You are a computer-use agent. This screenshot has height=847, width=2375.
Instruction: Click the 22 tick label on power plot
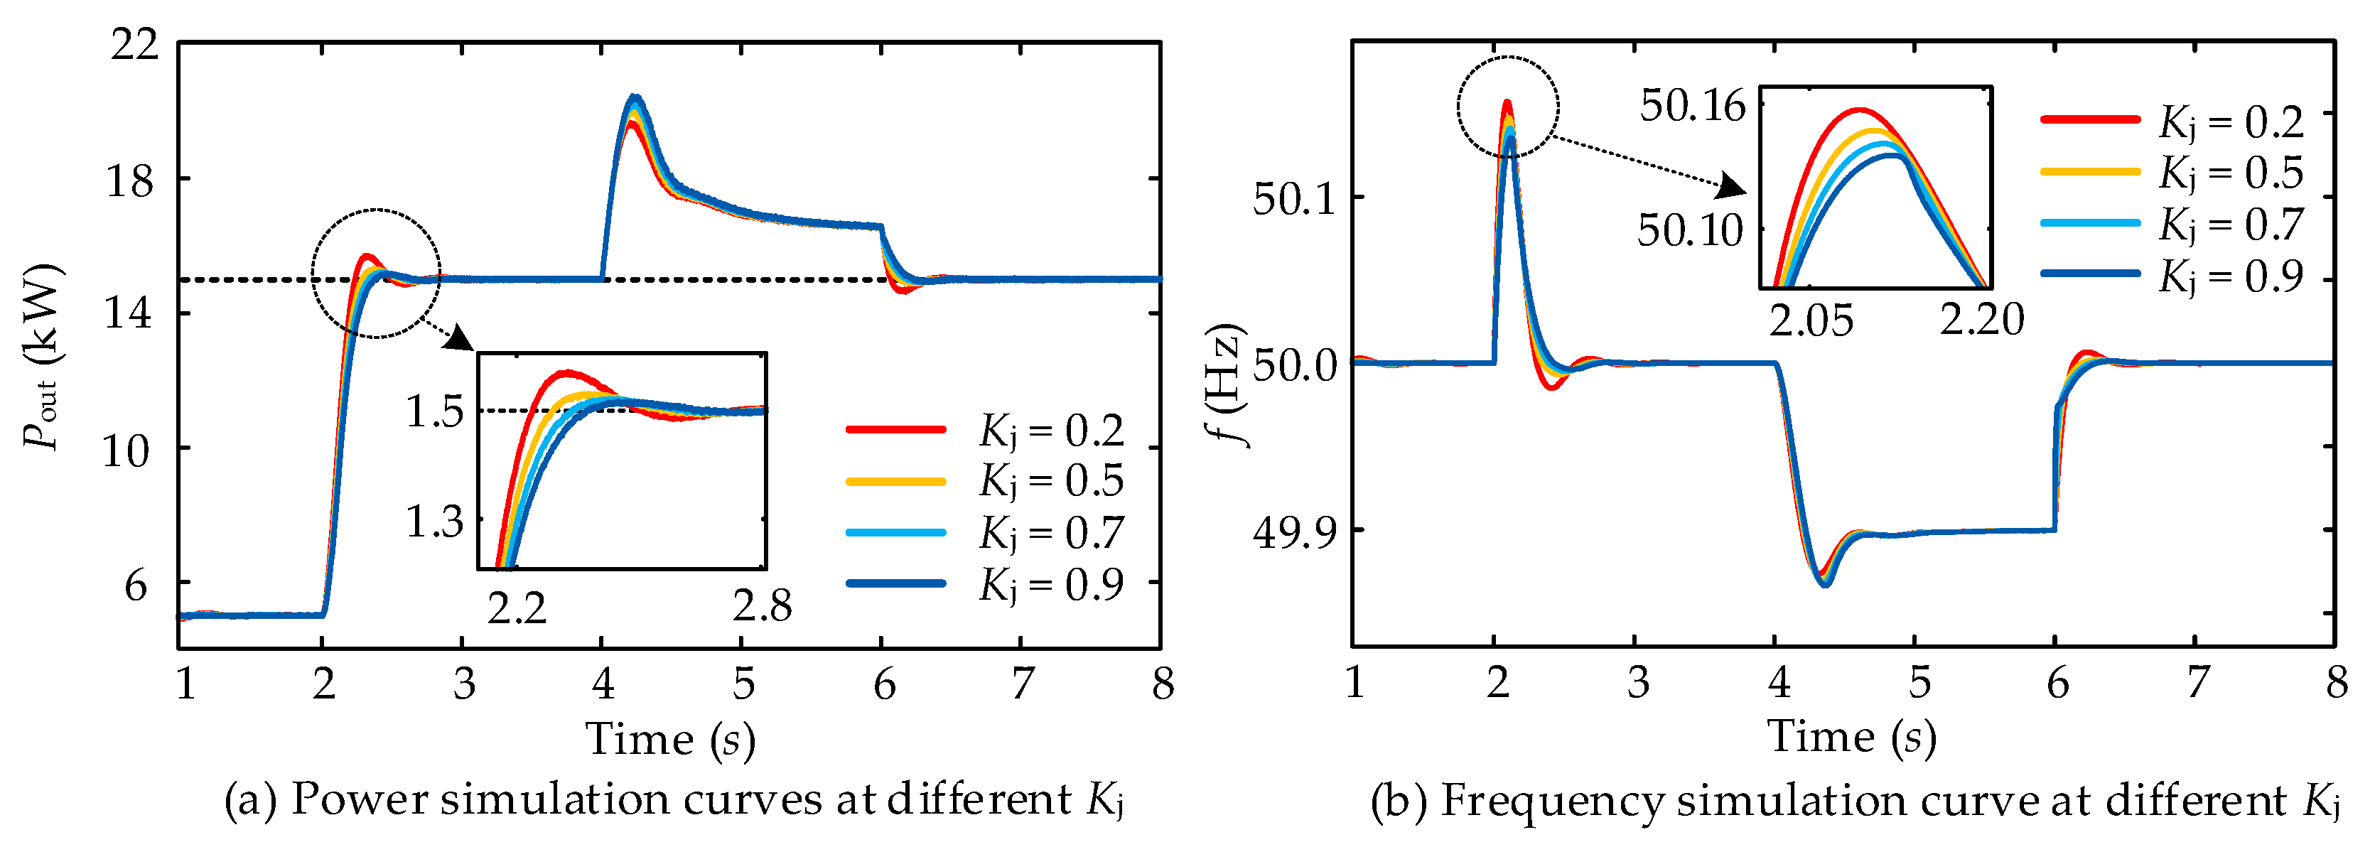pyautogui.click(x=134, y=44)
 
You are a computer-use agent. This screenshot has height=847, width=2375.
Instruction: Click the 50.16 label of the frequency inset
pyautogui.click(x=1692, y=106)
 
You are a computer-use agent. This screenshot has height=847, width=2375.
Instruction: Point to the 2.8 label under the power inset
pyautogui.click(x=762, y=605)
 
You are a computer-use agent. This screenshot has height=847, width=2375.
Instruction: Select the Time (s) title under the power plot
pyautogui.click(x=670, y=739)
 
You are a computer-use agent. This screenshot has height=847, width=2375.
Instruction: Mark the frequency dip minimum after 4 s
pyautogui.click(x=1824, y=583)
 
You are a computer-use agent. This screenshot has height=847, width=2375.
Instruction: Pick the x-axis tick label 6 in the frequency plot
pyautogui.click(x=2057, y=683)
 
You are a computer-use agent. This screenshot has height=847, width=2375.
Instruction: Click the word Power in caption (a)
pyautogui.click(x=364, y=799)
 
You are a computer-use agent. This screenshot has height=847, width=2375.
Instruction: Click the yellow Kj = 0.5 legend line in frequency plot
pyautogui.click(x=2090, y=171)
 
